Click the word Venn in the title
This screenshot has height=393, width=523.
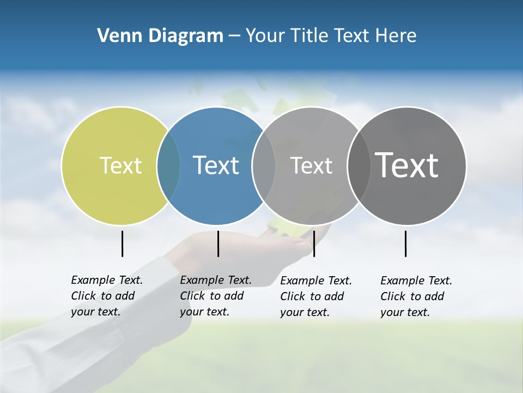(116, 35)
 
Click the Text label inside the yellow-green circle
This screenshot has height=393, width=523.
(120, 165)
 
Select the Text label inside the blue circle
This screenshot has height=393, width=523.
(216, 165)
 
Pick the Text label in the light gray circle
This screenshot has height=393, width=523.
(311, 165)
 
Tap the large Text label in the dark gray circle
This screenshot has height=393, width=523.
(407, 165)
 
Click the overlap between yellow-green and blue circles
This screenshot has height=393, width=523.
(168, 165)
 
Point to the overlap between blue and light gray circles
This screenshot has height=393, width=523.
(264, 165)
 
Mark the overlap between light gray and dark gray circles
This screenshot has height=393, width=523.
(358, 165)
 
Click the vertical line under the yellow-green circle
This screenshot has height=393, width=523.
(122, 243)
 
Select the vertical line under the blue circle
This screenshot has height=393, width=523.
(218, 243)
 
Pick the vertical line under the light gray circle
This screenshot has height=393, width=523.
(314, 243)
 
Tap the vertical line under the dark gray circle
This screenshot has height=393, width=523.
(405, 243)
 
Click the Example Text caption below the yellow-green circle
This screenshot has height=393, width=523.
(106, 296)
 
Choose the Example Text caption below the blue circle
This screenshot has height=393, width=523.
(215, 296)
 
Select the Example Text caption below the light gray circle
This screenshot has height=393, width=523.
(315, 296)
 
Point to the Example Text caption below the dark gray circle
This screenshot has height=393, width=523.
(416, 296)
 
